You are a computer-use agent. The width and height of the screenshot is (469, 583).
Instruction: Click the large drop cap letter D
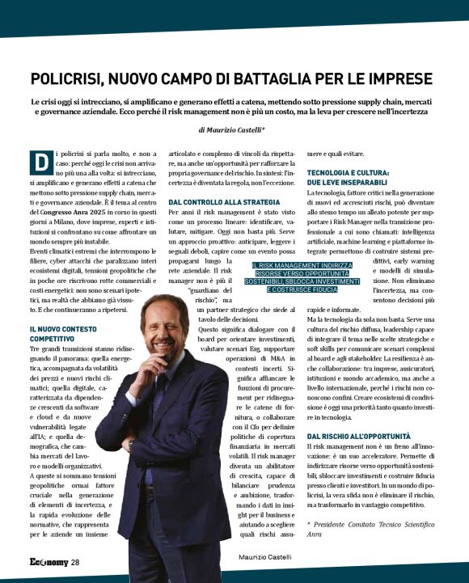[x=40, y=163]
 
